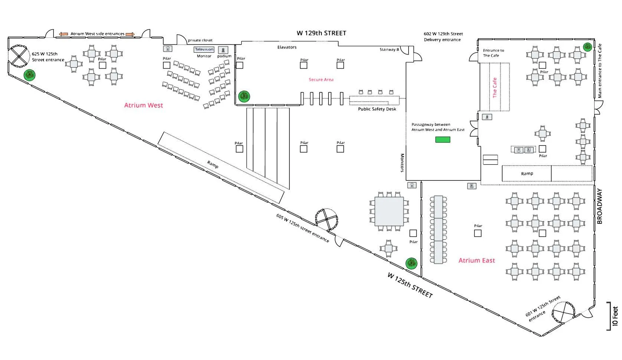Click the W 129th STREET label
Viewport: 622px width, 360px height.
(x=321, y=33)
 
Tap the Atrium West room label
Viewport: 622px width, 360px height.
(x=143, y=105)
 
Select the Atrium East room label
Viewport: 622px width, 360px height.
(x=477, y=260)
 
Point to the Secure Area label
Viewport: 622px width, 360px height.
(x=321, y=79)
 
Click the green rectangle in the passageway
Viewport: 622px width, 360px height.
(x=443, y=140)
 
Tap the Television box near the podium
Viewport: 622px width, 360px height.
(x=204, y=49)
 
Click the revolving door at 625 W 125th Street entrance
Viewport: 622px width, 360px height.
(x=19, y=56)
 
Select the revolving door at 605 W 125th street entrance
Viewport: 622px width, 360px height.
(x=327, y=219)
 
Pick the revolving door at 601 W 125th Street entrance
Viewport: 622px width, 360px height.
(x=563, y=312)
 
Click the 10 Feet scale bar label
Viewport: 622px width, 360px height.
(x=615, y=316)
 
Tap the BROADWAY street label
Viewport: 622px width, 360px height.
(x=599, y=206)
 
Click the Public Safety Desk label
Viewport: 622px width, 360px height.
(x=377, y=109)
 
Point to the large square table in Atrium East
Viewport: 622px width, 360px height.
(x=389, y=212)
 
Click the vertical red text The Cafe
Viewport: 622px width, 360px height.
(x=495, y=88)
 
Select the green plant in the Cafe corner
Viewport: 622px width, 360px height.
(x=587, y=47)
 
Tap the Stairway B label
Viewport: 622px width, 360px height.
(x=389, y=49)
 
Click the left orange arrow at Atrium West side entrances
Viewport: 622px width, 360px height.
(x=63, y=34)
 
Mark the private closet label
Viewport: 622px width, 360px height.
(x=200, y=40)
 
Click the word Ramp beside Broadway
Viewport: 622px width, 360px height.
(x=527, y=173)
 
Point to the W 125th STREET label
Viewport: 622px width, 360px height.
(x=410, y=285)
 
